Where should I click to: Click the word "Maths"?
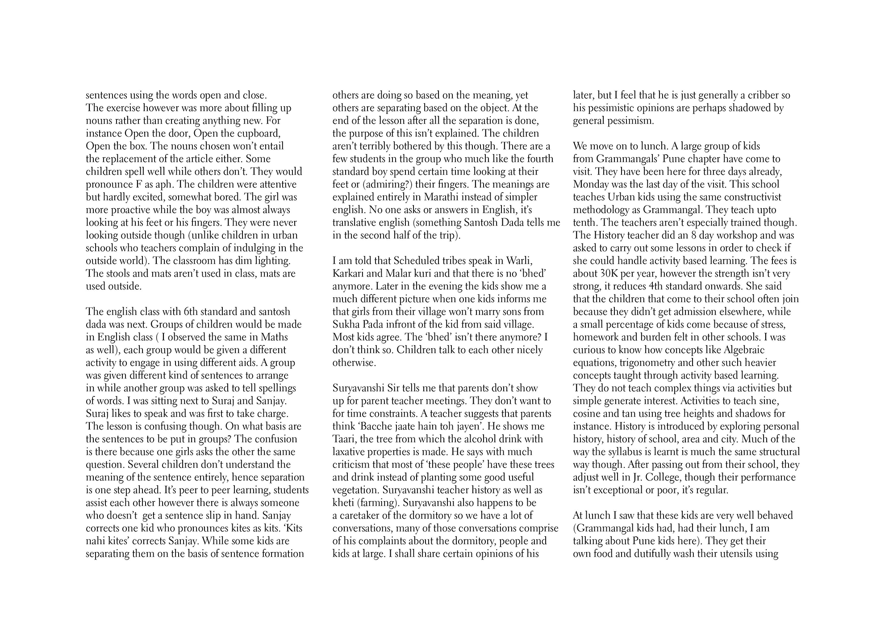tap(273, 337)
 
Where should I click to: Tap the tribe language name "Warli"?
tap(518, 261)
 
